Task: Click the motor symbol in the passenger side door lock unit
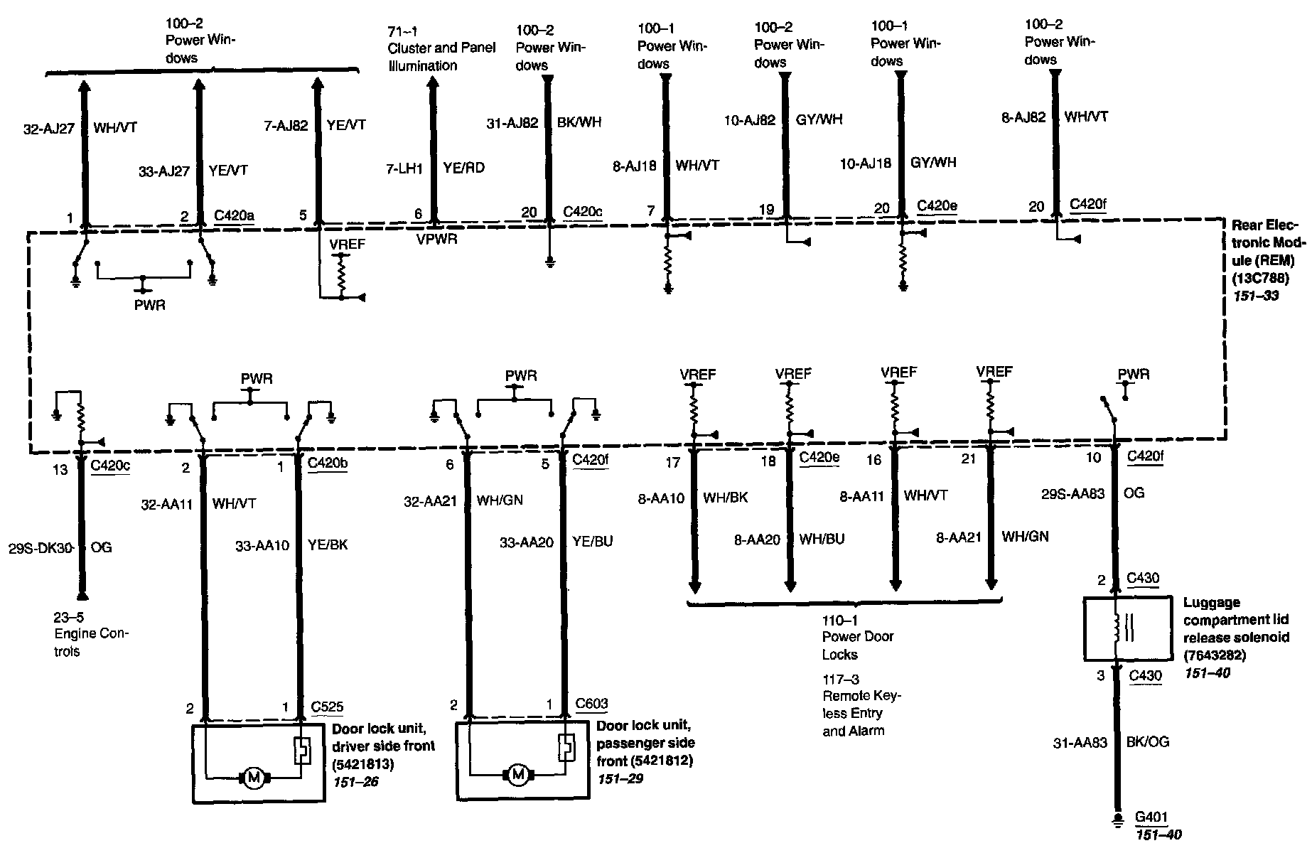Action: pyautogui.click(x=518, y=775)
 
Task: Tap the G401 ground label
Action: pyautogui.click(x=1151, y=818)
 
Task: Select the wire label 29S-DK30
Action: pyautogui.click(x=46, y=548)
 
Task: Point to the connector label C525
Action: pyautogui.click(x=327, y=707)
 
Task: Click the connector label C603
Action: pyautogui.click(x=591, y=704)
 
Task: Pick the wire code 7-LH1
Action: pyautogui.click(x=406, y=168)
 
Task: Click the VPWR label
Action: pyautogui.click(x=436, y=240)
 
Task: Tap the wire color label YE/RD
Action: pyautogui.click(x=463, y=168)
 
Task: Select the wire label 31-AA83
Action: pyautogui.click(x=1080, y=743)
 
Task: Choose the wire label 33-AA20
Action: pyautogui.click(x=526, y=542)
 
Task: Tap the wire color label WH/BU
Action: pyautogui.click(x=822, y=539)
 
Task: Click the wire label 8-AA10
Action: pyautogui.click(x=661, y=499)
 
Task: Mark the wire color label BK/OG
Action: pyautogui.click(x=1148, y=742)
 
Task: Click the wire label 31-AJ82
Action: pyautogui.click(x=512, y=122)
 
